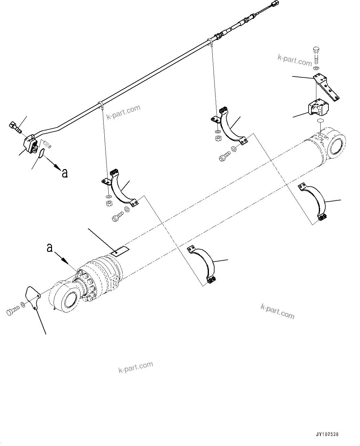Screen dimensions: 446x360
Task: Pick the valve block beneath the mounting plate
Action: [x=318, y=109]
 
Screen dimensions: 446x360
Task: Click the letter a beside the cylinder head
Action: [x=50, y=248]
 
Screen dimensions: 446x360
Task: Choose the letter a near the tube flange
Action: [x=64, y=173]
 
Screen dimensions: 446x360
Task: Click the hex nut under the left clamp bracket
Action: [x=109, y=203]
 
